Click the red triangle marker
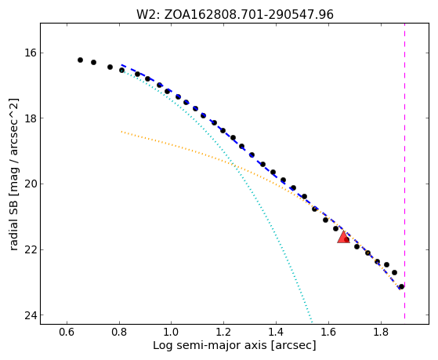(343, 237)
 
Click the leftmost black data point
(80, 60)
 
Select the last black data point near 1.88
(401, 286)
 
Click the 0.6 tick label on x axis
(67, 332)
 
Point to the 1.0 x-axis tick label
(172, 332)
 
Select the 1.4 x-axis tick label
(276, 332)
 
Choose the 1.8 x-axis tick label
(381, 332)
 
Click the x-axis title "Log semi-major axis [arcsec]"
(234, 346)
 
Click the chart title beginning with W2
(234, 14)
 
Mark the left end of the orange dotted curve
(121, 131)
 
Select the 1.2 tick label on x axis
(224, 332)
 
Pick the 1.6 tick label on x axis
(328, 332)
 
